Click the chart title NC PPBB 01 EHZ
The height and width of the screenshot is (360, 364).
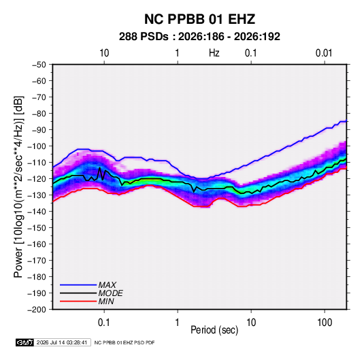click(x=199, y=19)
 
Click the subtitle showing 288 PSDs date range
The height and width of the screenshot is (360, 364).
click(x=199, y=37)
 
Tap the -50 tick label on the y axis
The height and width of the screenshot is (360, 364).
click(x=39, y=65)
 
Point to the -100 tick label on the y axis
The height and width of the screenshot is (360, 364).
click(x=37, y=146)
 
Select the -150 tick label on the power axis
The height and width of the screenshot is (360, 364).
click(x=37, y=228)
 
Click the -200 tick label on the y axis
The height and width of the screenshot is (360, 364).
click(x=37, y=310)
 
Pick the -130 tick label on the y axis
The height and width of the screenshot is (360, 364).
click(x=37, y=195)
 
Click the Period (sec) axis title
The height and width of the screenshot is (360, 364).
click(x=214, y=330)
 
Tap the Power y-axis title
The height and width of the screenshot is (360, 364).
click(x=18, y=187)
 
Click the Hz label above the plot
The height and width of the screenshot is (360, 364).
click(x=214, y=53)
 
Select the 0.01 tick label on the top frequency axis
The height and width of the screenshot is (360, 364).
click(x=324, y=53)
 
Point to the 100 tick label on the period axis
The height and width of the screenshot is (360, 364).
click(x=325, y=323)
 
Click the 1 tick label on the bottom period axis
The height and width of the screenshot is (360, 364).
click(x=178, y=323)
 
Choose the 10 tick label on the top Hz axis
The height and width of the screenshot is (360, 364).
click(x=104, y=53)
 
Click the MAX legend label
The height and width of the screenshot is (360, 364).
click(x=107, y=285)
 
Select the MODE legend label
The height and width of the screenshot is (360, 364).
click(x=111, y=293)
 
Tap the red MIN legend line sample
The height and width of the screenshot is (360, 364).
click(x=78, y=301)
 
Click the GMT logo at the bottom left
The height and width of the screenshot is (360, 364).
click(x=25, y=342)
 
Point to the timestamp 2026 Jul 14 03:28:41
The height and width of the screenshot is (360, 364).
click(x=62, y=342)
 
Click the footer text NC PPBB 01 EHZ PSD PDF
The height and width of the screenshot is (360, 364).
click(x=125, y=342)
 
